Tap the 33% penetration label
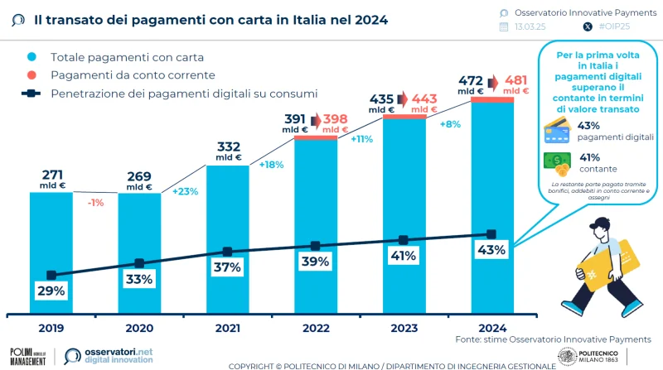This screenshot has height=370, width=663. click(x=139, y=280)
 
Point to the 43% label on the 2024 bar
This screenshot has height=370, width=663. click(x=491, y=250)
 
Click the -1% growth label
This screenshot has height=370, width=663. click(x=95, y=202)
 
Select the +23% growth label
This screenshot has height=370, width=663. click(x=184, y=191)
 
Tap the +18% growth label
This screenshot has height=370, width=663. click(x=272, y=165)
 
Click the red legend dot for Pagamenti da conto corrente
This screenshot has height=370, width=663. click(x=31, y=75)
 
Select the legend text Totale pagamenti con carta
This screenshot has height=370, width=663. click(x=127, y=57)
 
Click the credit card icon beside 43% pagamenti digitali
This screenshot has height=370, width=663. click(x=556, y=130)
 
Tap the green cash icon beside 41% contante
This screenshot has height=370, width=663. click(x=556, y=161)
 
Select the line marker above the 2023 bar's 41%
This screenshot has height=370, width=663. click(x=404, y=240)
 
